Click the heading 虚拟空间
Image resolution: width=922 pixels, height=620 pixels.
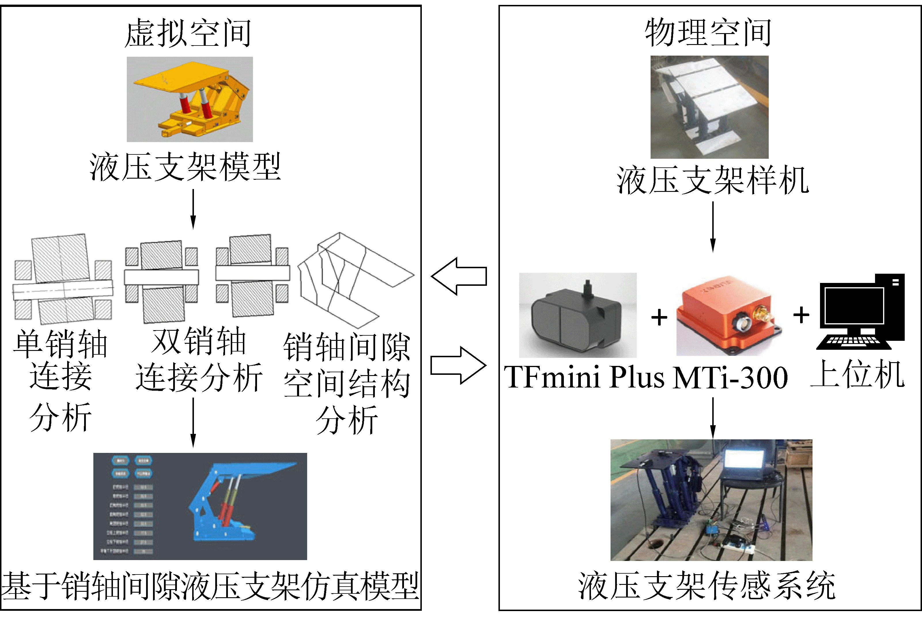188,33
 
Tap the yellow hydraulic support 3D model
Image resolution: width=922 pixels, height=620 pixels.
190,99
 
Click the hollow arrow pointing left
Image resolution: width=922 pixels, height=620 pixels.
459,276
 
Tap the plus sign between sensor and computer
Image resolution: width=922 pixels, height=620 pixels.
801,315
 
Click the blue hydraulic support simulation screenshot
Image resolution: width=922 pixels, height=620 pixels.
200,506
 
